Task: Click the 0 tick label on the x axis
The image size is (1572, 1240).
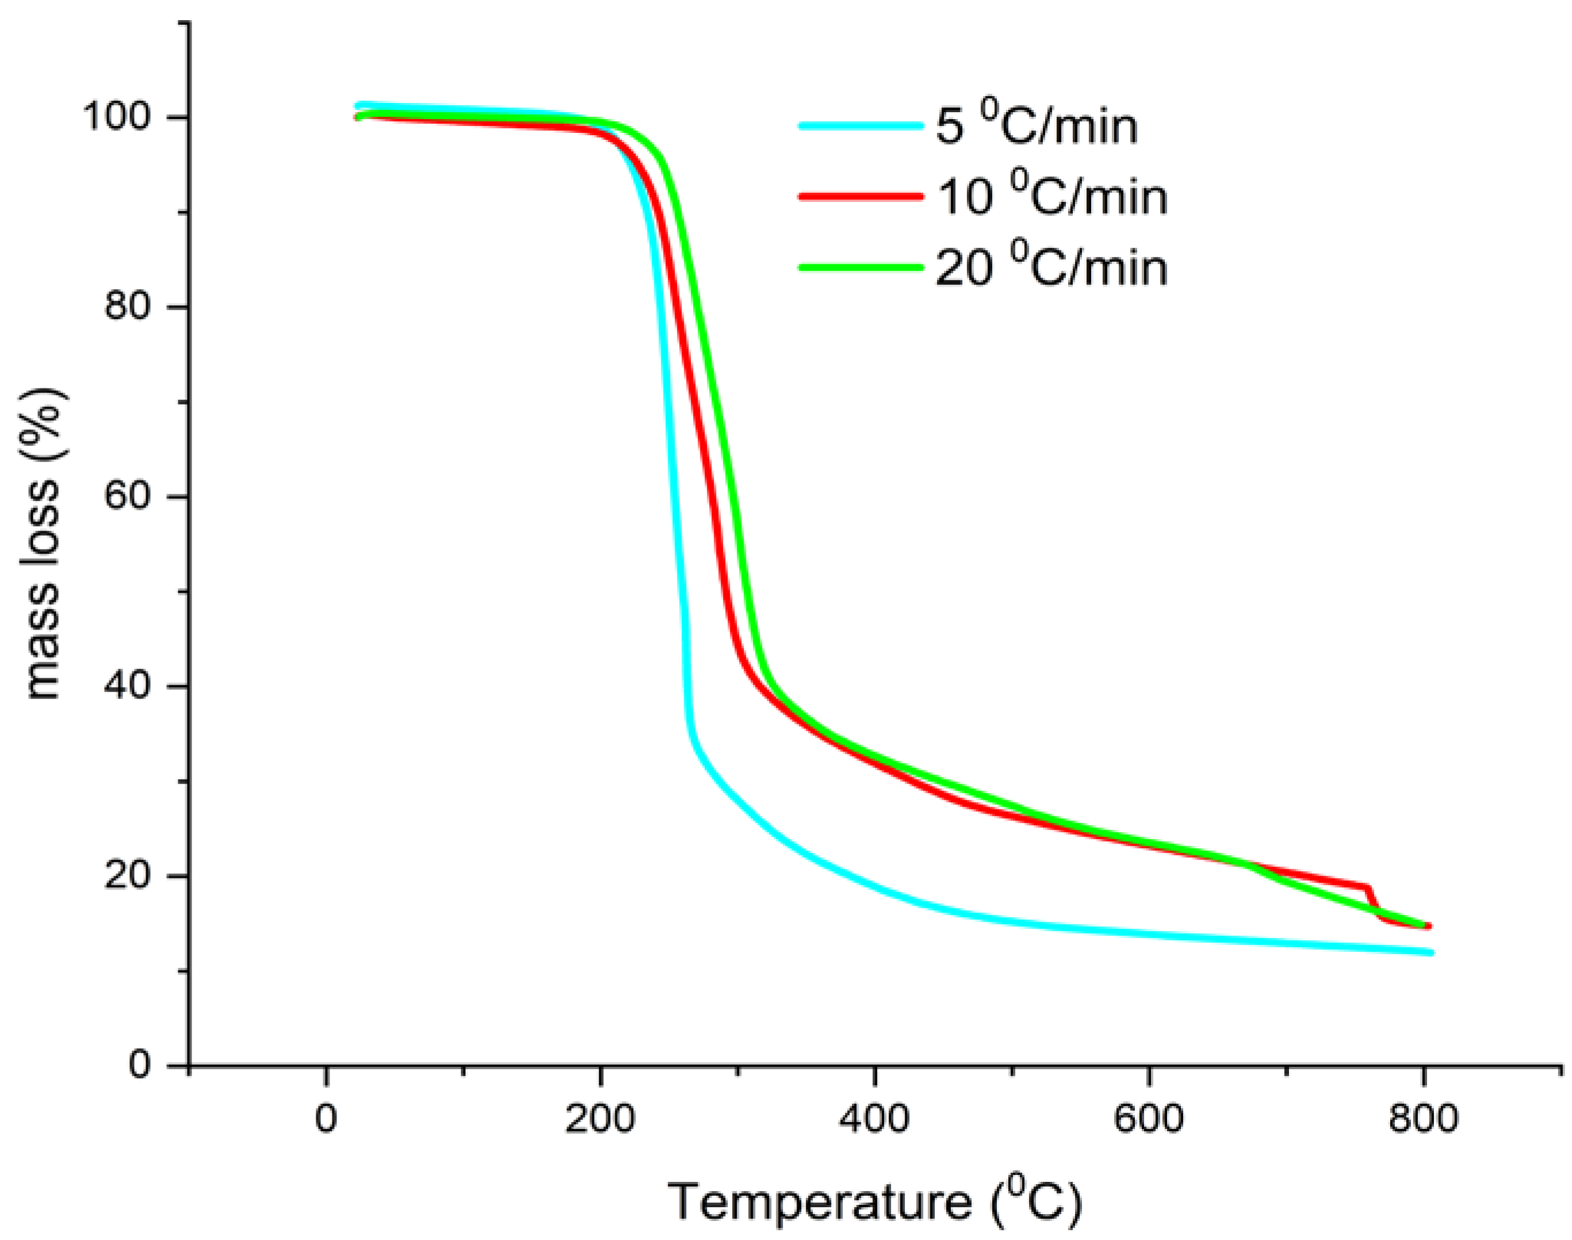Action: click(326, 1120)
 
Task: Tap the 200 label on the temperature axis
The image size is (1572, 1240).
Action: click(599, 1120)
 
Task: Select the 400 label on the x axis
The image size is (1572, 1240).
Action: click(874, 1120)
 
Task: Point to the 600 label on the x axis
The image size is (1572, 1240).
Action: click(1148, 1120)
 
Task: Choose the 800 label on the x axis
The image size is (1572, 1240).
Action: click(1422, 1120)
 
